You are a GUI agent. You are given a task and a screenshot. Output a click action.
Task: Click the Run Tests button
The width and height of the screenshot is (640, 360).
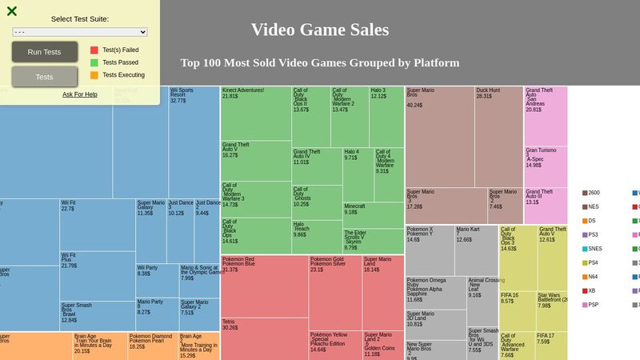pyautogui.click(x=44, y=52)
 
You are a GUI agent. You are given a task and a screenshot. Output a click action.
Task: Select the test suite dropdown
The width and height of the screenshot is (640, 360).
pyautogui.click(x=80, y=32)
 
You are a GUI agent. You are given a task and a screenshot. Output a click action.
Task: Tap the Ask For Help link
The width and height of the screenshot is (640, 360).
pyautogui.click(x=80, y=94)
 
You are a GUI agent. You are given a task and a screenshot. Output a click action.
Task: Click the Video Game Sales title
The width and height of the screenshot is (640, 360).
pyautogui.click(x=320, y=30)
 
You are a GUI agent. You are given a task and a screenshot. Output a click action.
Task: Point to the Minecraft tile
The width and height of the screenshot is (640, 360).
pyautogui.click(x=374, y=214)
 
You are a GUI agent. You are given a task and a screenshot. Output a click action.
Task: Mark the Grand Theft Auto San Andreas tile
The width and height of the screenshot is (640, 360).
pyautogui.click(x=546, y=115)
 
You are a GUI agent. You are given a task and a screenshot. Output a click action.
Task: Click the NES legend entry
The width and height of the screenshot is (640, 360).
pyautogui.click(x=592, y=206)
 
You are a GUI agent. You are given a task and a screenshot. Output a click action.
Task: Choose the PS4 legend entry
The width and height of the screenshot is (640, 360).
pyautogui.click(x=592, y=262)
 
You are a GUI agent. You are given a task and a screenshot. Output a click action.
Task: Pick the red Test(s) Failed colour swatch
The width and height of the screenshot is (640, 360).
pyautogui.click(x=94, y=50)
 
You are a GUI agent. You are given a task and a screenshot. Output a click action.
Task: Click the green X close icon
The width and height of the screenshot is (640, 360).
pyautogui.click(x=12, y=11)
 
